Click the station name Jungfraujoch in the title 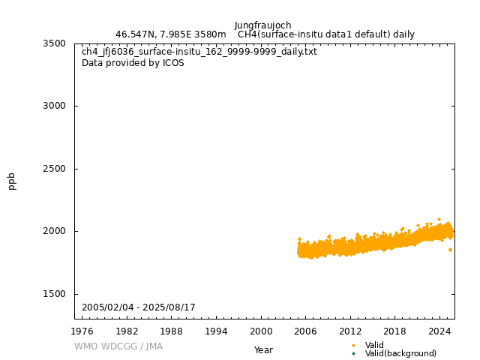click(262, 25)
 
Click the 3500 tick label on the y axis click(54, 43)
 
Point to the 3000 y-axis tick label click(54, 106)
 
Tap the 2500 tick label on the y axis click(54, 169)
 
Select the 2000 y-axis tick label click(54, 231)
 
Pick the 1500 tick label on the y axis click(54, 294)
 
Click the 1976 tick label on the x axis click(82, 331)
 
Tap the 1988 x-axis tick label click(172, 331)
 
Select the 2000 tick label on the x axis click(261, 331)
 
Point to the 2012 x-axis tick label click(350, 331)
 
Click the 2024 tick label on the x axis click(439, 331)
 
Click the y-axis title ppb click(12, 181)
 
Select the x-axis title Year click(263, 349)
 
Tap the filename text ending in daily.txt click(199, 52)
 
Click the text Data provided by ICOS click(133, 63)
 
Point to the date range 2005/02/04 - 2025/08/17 click(139, 307)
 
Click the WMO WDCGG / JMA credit click(118, 346)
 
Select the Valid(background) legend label click(400, 353)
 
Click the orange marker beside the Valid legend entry click(353, 345)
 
